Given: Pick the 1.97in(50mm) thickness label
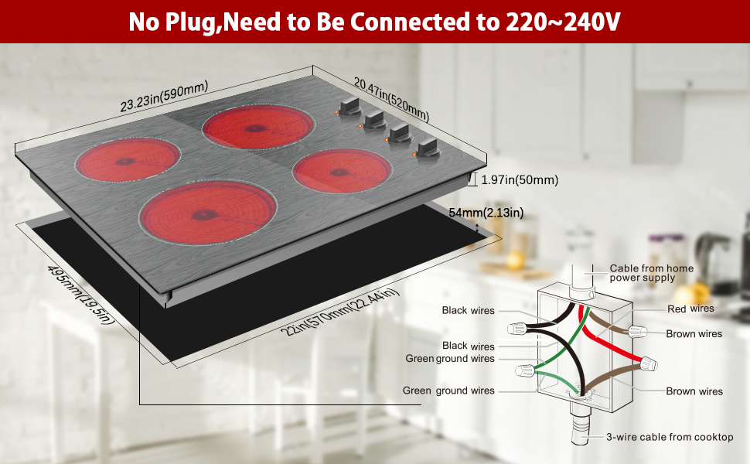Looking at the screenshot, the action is click(x=519, y=180).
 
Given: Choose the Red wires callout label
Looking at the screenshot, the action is click(x=690, y=309).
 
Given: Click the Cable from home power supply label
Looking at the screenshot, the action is click(x=651, y=273).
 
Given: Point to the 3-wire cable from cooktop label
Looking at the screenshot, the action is click(x=670, y=437).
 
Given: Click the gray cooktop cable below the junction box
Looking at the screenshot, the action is click(x=579, y=433).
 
